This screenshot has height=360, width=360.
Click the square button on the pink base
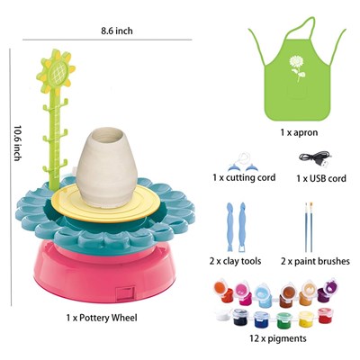[125, 293]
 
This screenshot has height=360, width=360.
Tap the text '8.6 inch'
[117, 31]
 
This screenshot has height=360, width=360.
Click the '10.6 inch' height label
[18, 143]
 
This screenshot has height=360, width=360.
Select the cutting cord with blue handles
[243, 162]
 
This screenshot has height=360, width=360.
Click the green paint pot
[283, 319]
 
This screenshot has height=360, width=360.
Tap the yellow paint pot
[306, 319]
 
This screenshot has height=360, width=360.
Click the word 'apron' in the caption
[305, 132]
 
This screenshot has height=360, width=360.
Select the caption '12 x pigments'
[278, 338]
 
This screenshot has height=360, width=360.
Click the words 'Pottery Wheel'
[108, 318]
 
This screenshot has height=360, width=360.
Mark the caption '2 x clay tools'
[235, 261]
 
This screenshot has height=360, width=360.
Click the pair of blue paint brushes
[309, 227]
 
